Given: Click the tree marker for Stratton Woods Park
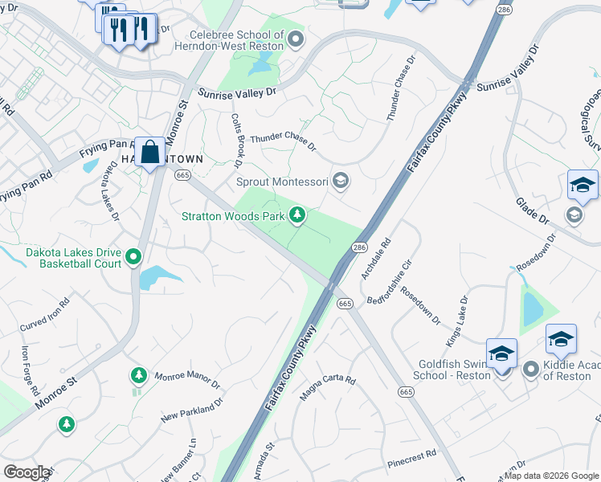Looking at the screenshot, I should tap(297, 214).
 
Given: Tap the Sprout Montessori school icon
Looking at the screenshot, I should tap(341, 181).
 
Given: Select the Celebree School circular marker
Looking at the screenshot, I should tap(296, 38).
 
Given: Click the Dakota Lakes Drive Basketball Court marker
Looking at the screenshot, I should tap(133, 257).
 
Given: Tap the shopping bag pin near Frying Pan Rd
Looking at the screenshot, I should tap(149, 152).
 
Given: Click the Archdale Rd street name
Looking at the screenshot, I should tap(376, 259).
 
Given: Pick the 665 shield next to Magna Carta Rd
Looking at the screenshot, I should tap(345, 303).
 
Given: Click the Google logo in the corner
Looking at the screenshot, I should tap(27, 472).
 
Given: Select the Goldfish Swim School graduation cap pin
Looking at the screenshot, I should tap(501, 353).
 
